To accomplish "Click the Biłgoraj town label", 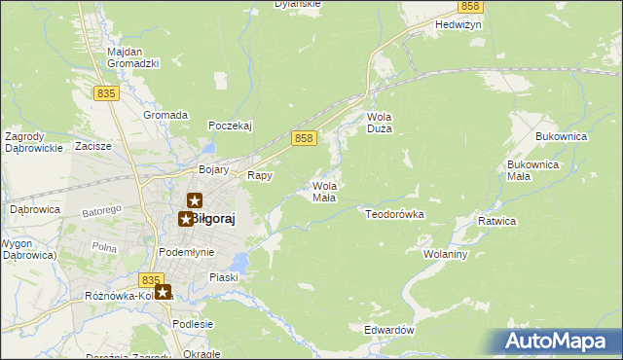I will click(214, 219).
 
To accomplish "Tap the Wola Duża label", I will click(379, 123).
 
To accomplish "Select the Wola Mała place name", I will click(324, 191).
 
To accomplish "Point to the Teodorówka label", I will click(395, 212).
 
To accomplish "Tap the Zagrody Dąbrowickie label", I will click(34, 142).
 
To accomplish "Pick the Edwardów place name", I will click(389, 330).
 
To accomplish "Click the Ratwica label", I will click(496, 222).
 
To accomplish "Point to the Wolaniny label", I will click(446, 254).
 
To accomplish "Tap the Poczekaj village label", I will click(231, 126).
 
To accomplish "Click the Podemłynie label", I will click(187, 252).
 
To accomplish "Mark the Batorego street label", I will click(101, 210).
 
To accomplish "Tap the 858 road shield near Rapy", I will click(304, 139).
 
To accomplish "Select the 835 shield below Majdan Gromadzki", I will click(107, 92).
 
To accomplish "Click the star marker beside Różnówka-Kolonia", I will click(163, 291).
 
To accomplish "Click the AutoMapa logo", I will click(556, 341).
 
